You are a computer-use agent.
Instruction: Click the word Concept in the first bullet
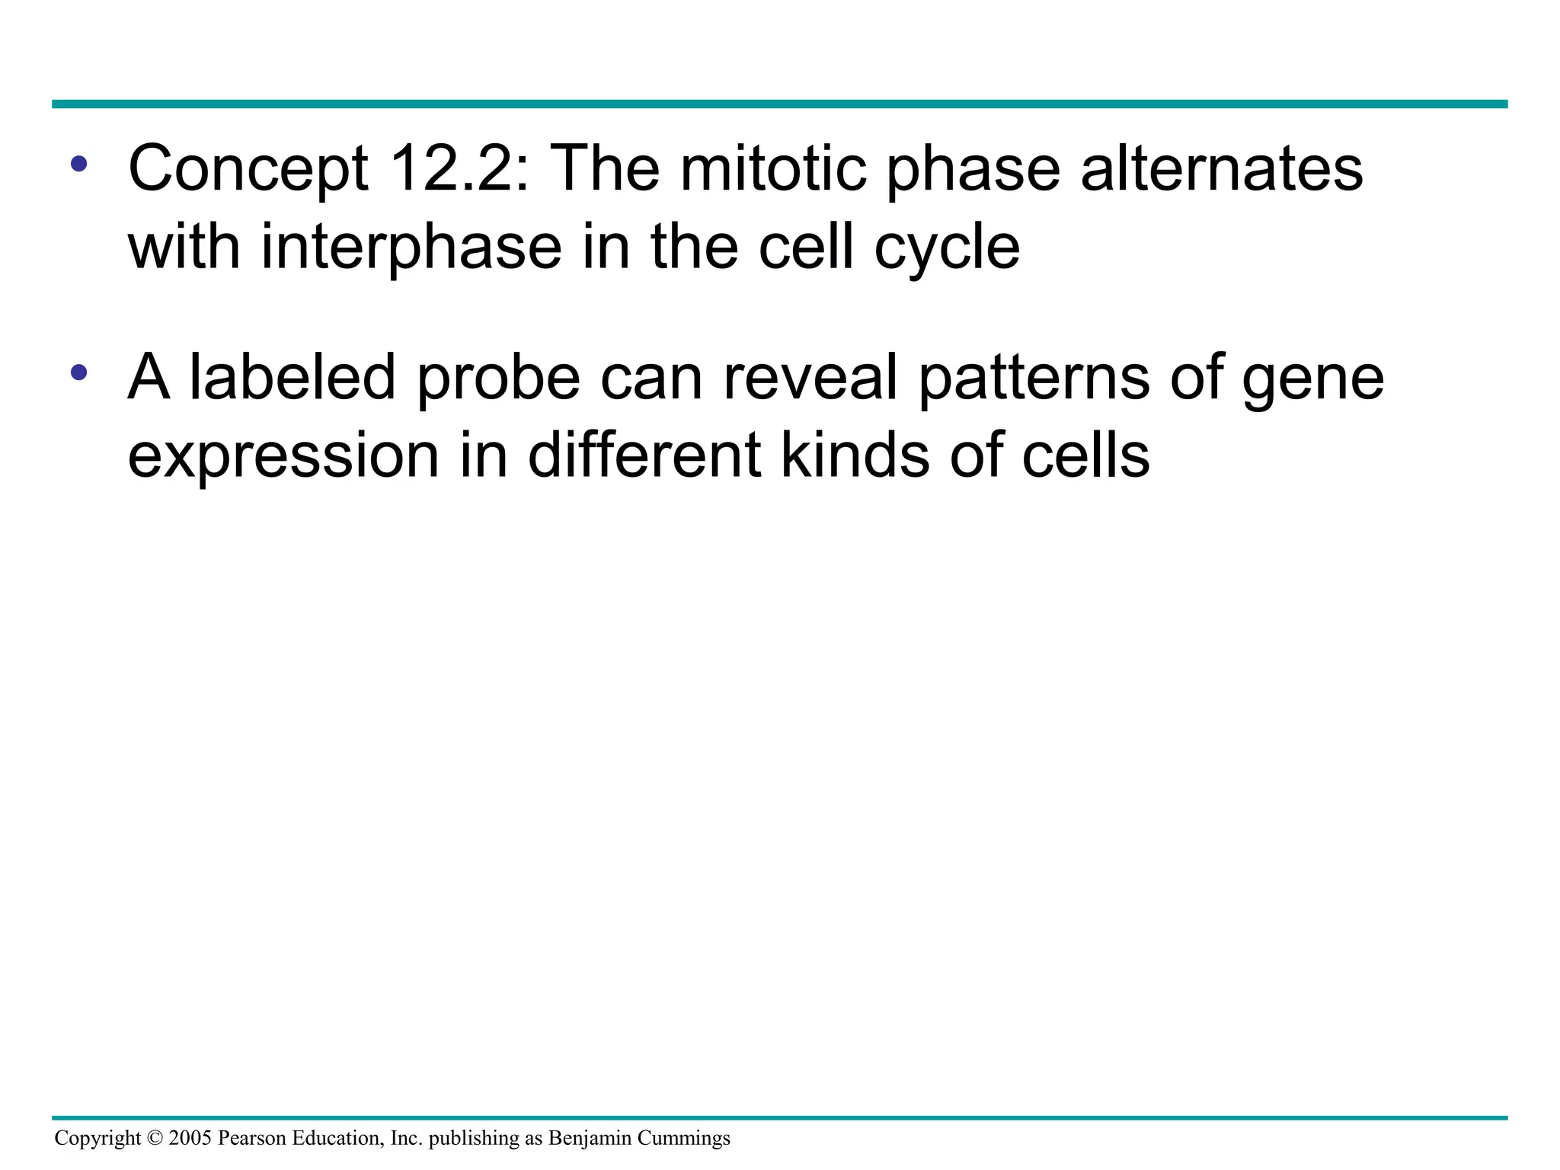[248, 169]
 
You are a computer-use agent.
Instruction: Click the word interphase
[411, 248]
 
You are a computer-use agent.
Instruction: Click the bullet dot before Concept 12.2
[79, 163]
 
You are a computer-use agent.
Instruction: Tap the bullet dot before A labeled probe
[79, 372]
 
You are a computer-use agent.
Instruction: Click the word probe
[499, 379]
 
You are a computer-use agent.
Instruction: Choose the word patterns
[1034, 379]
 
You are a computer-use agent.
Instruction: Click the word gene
[1312, 379]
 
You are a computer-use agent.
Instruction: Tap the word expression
[283, 456]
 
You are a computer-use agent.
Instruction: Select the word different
[644, 455]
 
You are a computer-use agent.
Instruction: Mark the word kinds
[855, 455]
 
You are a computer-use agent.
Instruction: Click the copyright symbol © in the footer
[155, 1138]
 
